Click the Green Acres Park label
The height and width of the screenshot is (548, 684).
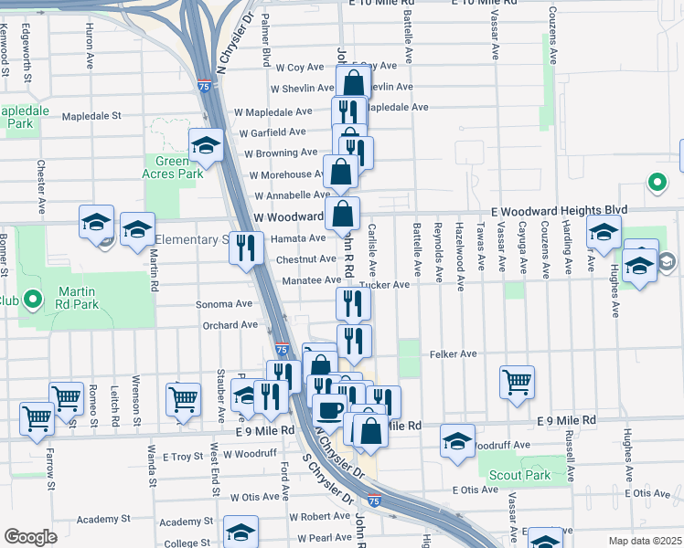pyautogui.click(x=172, y=167)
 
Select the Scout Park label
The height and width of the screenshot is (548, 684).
pyautogui.click(x=518, y=475)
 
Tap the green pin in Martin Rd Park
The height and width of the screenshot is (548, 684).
pyautogui.click(x=32, y=298)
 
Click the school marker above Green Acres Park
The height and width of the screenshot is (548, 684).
pyautogui.click(x=206, y=144)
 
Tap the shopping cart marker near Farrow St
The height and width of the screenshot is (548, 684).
pyautogui.click(x=37, y=417)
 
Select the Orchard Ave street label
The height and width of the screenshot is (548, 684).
pyautogui.click(x=230, y=325)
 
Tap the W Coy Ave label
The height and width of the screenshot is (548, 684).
pyautogui.click(x=299, y=67)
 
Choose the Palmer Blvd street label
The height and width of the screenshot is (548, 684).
pyautogui.click(x=264, y=47)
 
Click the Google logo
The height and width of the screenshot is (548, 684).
pyautogui.click(x=30, y=537)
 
